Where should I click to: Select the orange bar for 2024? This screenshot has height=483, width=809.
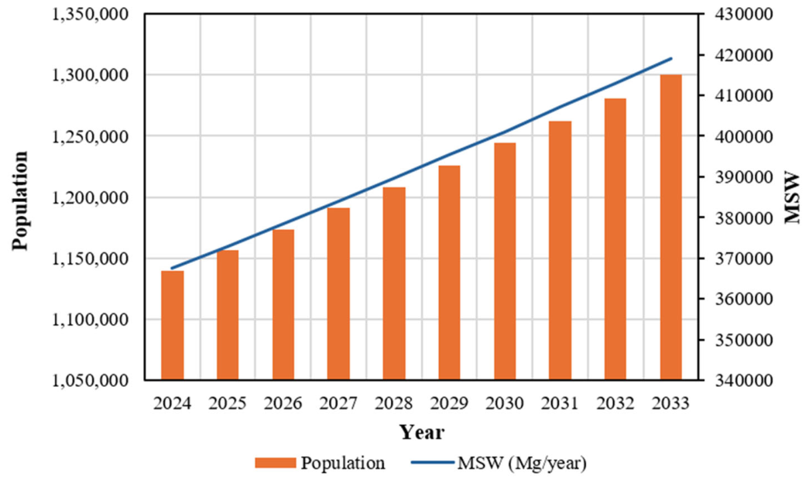[173, 325]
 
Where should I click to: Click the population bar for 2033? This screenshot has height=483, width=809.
[670, 228]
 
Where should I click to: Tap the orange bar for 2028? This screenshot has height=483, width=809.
[394, 283]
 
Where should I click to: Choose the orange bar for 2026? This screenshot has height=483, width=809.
[283, 304]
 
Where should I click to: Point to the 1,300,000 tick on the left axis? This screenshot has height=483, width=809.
[91, 75]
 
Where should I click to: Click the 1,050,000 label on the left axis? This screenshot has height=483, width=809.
[91, 381]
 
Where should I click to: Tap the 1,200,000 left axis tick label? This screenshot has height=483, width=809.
[91, 197]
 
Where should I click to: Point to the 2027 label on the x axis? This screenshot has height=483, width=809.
[338, 403]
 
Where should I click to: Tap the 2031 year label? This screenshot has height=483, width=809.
[560, 403]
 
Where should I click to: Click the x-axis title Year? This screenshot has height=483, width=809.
[422, 433]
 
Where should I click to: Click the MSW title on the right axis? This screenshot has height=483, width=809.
[792, 199]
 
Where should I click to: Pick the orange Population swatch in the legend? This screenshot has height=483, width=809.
[276, 463]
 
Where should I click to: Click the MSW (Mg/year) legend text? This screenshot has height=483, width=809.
[522, 464]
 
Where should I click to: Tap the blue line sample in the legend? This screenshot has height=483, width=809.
[432, 463]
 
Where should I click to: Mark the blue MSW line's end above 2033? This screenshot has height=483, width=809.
[671, 58]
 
